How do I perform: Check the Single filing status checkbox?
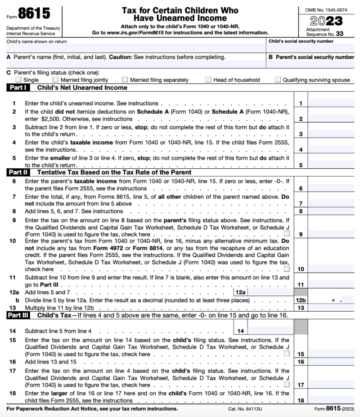coord(18,80)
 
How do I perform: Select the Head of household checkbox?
coord(208,80)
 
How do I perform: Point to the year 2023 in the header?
coord(326,21)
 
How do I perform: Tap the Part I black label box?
coord(18,88)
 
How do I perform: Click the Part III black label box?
coord(18,315)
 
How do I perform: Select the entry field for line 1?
coord(333,103)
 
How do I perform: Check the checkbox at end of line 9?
coord(287,234)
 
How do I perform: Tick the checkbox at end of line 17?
coord(287,385)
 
